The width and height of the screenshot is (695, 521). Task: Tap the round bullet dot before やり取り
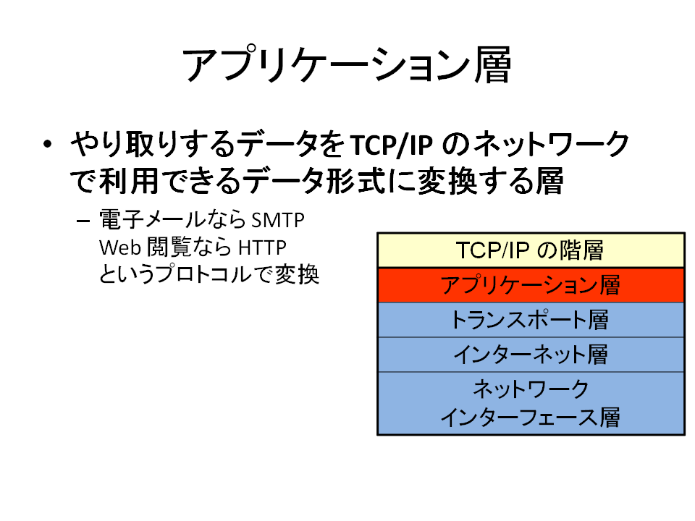click(x=48, y=144)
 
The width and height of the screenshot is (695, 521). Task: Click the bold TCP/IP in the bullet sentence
click(x=392, y=145)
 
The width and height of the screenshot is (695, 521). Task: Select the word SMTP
click(x=278, y=220)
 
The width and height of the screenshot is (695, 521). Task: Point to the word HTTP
click(x=262, y=247)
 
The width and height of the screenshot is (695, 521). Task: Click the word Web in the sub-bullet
click(x=120, y=247)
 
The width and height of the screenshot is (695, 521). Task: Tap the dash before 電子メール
click(x=83, y=221)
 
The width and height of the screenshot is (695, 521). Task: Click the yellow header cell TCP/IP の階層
click(x=531, y=250)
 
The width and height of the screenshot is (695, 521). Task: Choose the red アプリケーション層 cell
click(x=531, y=285)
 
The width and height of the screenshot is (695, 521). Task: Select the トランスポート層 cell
click(x=531, y=320)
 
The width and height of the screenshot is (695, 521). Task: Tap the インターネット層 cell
click(x=531, y=355)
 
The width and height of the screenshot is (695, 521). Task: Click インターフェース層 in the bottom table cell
click(x=530, y=418)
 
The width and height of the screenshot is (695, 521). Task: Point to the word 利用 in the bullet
click(x=129, y=181)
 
